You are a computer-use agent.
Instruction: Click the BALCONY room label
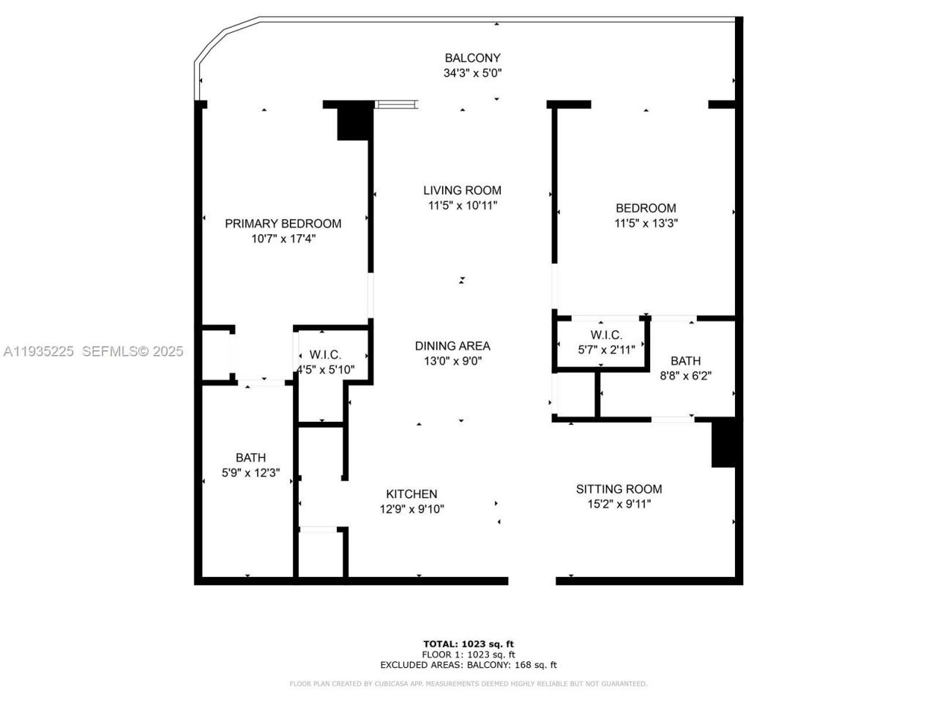point(472,58)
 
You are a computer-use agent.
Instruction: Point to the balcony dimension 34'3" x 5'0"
point(472,73)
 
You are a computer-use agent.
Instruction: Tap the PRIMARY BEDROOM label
point(283,223)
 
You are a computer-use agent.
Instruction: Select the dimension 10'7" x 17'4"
point(283,239)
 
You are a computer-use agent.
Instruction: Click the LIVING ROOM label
point(463,190)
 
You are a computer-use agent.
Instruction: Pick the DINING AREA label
point(452,346)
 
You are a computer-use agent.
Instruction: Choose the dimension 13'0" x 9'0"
point(452,361)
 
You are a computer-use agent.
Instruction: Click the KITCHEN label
point(411,494)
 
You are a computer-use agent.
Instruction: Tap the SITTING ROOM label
point(619,489)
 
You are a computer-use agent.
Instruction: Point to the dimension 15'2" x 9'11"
point(619,505)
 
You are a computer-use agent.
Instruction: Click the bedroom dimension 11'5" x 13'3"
point(646,223)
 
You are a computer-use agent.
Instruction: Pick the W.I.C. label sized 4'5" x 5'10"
point(325,354)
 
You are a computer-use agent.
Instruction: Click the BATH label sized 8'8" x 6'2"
point(685,360)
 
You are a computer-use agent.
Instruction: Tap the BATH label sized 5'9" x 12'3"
point(250,458)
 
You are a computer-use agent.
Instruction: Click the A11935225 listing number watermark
point(39,351)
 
